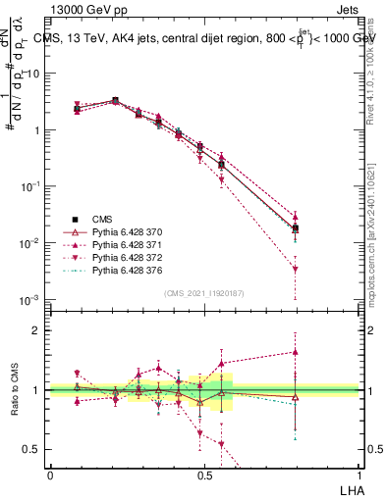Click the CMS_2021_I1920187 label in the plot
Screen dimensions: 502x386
pyautogui.click(x=203, y=293)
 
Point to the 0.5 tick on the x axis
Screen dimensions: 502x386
pyautogui.click(x=205, y=474)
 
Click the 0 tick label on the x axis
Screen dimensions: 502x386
pyautogui.click(x=50, y=474)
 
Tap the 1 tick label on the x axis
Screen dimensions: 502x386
pyautogui.click(x=359, y=474)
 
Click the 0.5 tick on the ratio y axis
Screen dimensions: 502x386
pyautogui.click(x=32, y=450)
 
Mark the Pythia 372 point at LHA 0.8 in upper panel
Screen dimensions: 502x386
pyautogui.click(x=296, y=269)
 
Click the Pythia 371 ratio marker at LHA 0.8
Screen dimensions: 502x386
pyautogui.click(x=296, y=351)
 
